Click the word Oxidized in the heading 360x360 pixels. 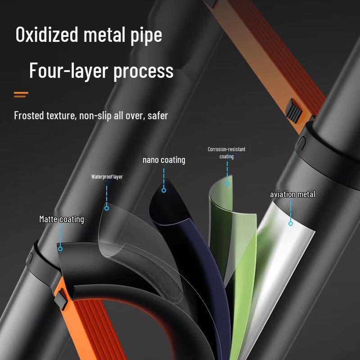[47, 34]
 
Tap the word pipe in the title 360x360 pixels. [146, 36]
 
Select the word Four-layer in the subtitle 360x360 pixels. [69, 71]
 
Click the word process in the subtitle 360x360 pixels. [144, 72]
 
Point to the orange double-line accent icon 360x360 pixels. [21, 94]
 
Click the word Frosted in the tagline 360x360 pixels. [29, 115]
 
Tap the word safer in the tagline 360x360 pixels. [158, 116]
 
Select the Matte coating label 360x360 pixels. [62, 219]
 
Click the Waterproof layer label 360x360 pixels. [107, 177]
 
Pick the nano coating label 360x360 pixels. [164, 160]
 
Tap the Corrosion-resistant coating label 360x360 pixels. [227, 153]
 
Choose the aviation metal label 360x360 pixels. [292, 194]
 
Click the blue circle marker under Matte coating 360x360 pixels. [60, 249]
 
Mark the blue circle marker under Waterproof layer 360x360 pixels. [107, 208]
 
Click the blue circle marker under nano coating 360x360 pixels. [164, 190]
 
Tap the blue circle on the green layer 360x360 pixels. [227, 183]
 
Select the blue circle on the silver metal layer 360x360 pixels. [291, 223]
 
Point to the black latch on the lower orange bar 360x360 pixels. [62, 298]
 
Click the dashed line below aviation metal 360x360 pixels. [291, 211]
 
